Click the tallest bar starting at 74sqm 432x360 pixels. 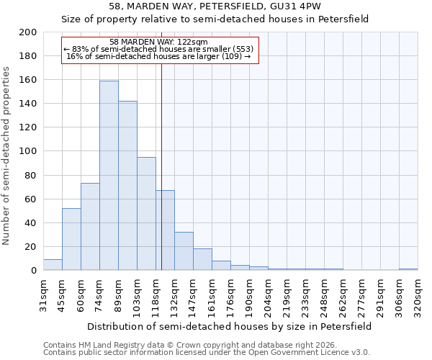click(x=109, y=176)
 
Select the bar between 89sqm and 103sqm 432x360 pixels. click(x=127, y=186)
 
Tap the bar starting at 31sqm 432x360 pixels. click(x=53, y=265)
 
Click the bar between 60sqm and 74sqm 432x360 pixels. click(x=90, y=227)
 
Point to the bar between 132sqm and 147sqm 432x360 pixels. click(x=184, y=251)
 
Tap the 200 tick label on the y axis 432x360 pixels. click(x=28, y=32)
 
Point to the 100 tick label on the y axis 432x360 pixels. click(x=28, y=151)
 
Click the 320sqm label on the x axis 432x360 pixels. click(x=418, y=294)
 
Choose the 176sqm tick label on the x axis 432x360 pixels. click(x=230, y=294)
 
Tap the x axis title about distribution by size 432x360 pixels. click(x=230, y=326)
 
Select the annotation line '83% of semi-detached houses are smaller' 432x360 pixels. click(x=159, y=49)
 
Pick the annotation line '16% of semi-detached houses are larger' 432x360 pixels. click(x=159, y=56)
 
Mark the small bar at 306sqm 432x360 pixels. click(x=408, y=269)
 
